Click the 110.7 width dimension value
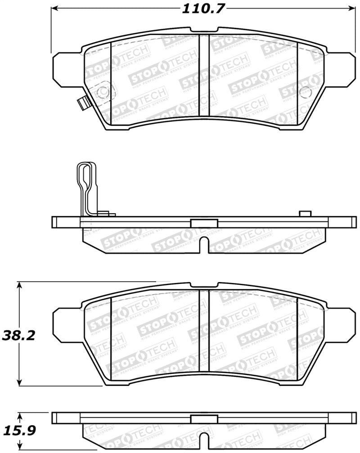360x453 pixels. click(203, 9)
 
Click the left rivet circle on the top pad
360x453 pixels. click(102, 91)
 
